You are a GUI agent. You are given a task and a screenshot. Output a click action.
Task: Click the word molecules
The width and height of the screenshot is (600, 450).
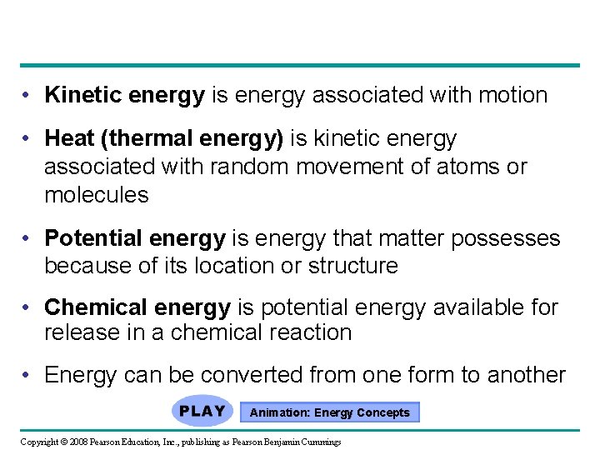(x=97, y=196)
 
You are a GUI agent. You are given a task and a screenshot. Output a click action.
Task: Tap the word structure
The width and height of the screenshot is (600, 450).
(x=352, y=267)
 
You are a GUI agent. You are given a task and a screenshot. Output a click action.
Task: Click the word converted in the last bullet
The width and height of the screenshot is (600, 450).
(x=242, y=375)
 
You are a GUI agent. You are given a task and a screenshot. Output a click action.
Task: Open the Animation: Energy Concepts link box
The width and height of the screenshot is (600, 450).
(x=330, y=412)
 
